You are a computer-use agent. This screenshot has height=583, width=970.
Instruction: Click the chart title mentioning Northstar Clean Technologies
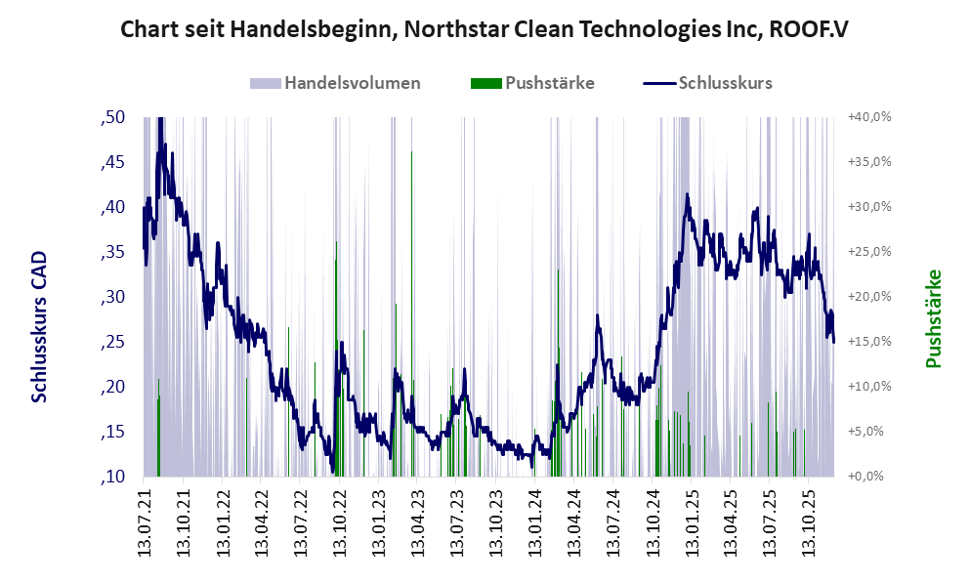pos(484,29)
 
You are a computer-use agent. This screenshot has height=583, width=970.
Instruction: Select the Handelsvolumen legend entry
pos(353,83)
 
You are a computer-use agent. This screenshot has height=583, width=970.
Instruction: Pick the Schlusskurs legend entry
pos(724,83)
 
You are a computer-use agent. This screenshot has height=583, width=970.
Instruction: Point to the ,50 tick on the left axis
pos(113,117)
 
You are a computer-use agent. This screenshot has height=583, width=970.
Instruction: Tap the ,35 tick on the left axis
pos(113,252)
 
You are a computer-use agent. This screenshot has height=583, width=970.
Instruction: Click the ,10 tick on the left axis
pos(113,477)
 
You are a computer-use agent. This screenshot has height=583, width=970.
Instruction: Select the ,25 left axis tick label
pos(113,342)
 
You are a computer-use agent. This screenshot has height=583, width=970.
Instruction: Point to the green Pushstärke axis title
pos(934,319)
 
